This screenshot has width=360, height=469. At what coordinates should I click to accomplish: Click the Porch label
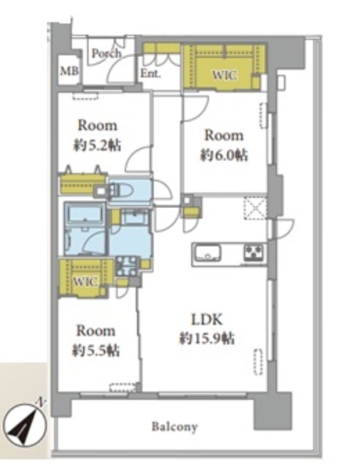point(106,53)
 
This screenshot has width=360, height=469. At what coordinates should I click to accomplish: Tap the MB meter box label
point(70,71)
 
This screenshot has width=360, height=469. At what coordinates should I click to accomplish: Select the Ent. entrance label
point(150,73)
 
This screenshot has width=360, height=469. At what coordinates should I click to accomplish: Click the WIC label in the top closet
point(225,75)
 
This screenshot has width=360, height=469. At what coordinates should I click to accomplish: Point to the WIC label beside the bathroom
point(85,281)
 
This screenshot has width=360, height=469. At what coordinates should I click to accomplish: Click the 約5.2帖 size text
point(98,145)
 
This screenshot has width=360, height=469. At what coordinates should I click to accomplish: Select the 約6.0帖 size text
point(224,155)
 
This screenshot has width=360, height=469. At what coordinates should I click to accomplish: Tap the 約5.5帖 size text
point(96,350)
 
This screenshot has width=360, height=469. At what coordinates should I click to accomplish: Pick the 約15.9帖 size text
point(207,339)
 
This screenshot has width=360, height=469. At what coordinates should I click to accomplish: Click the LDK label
point(207,320)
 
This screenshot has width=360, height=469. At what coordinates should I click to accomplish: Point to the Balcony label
point(175,426)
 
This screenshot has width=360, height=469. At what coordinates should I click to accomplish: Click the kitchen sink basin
point(207,253)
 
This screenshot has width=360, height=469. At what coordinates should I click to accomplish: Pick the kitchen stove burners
point(254,253)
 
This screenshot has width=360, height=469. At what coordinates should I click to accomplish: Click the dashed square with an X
point(255,208)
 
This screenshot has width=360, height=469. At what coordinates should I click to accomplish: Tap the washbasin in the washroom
point(136,217)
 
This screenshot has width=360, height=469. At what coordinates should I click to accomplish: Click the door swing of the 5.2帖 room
point(138,159)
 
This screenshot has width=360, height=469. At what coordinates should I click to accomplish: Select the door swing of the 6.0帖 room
point(196,108)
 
